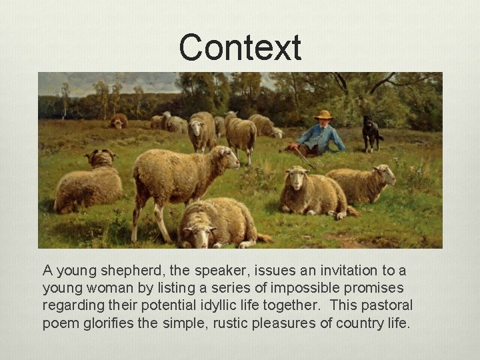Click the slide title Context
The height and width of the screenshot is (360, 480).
pos(240,48)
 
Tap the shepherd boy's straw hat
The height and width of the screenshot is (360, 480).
pos(324,115)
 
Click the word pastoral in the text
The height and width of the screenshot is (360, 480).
pos(387,305)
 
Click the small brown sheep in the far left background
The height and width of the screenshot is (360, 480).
pos(119,121)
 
